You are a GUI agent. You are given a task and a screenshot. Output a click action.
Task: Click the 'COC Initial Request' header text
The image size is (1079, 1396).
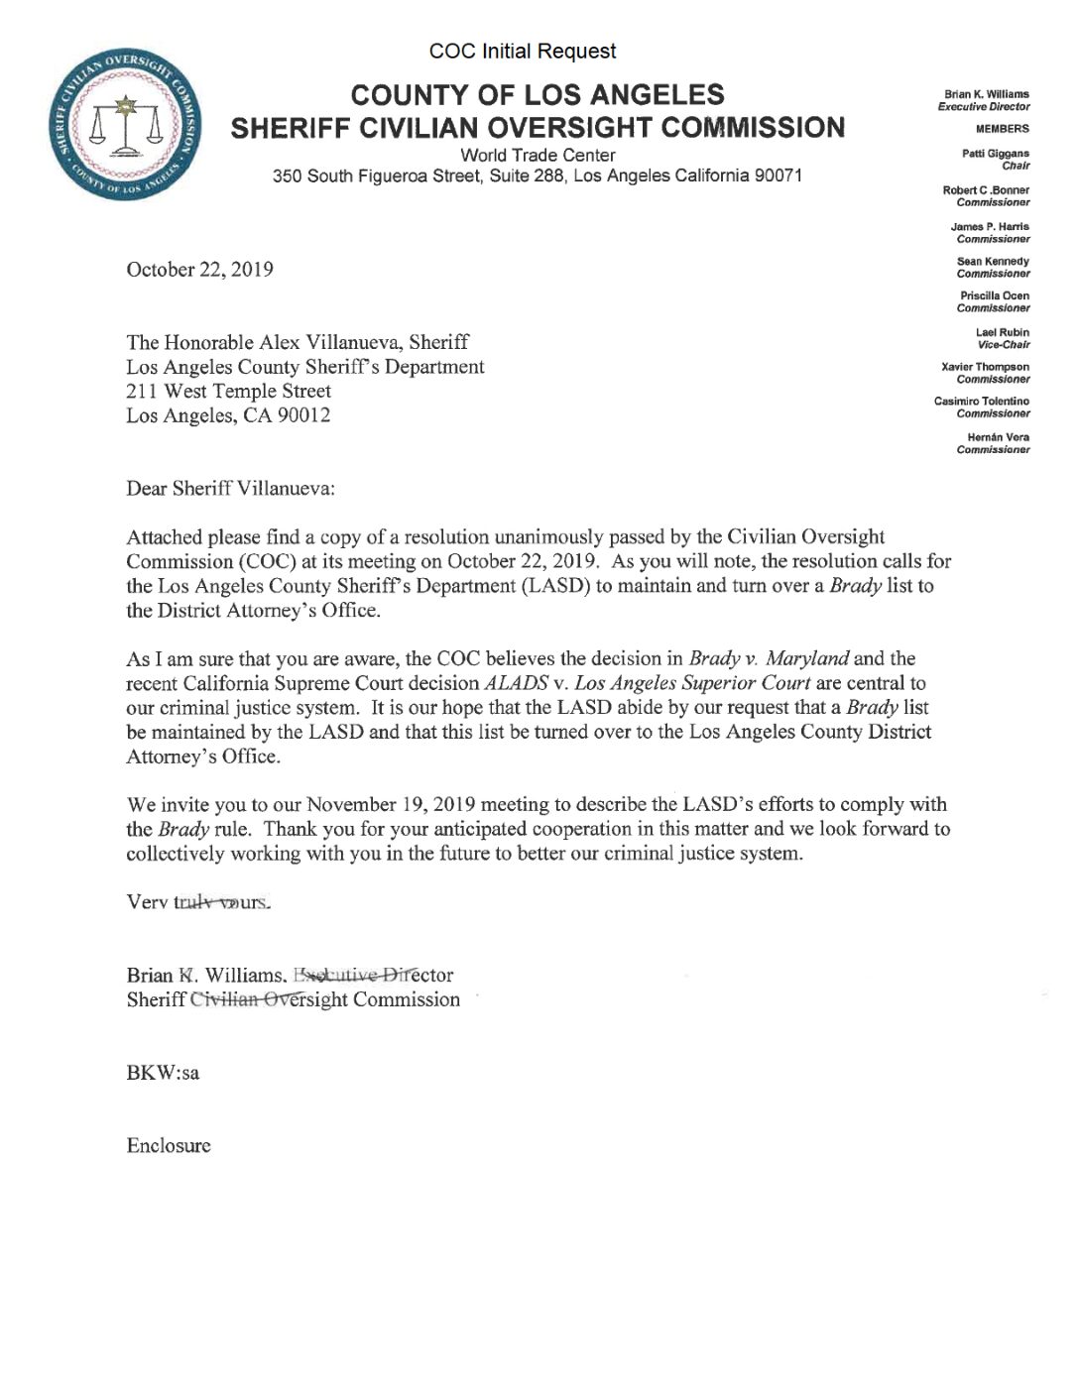click(523, 52)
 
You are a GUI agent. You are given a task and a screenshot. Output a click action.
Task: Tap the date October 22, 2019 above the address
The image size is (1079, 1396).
click(199, 270)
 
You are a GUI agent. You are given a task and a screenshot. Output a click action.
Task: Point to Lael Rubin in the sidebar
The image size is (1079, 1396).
click(1002, 332)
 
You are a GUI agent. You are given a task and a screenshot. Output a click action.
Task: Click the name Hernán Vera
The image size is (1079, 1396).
click(998, 437)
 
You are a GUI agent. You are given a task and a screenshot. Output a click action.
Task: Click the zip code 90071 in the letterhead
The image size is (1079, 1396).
click(778, 176)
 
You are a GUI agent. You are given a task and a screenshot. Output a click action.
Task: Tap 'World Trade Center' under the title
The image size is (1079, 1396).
click(538, 156)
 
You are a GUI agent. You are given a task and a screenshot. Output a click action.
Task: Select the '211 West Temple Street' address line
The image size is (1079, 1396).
click(228, 391)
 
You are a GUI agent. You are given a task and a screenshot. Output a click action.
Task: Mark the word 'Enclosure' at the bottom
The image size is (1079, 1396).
click(169, 1146)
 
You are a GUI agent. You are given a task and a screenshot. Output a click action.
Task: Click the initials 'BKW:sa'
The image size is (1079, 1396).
click(163, 1073)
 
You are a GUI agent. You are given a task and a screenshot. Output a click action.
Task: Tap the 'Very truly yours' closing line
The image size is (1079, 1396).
click(197, 902)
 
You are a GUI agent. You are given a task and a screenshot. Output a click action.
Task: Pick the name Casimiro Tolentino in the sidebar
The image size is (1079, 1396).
click(981, 402)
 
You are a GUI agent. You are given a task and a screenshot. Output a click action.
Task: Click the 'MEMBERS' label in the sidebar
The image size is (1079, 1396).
click(1002, 129)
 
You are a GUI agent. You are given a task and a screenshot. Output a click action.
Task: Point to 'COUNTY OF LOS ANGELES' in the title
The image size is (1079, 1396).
click(538, 95)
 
